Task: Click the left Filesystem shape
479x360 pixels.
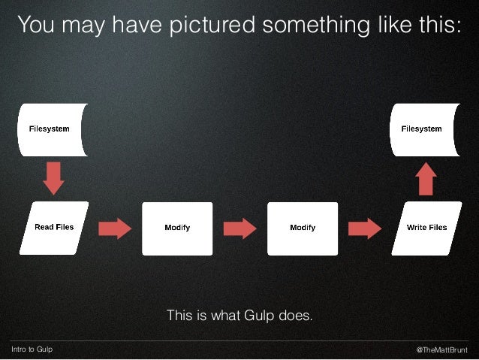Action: click(x=53, y=129)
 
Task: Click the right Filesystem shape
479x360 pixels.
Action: click(x=425, y=129)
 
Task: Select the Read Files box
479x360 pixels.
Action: click(x=53, y=228)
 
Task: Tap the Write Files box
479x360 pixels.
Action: click(x=426, y=228)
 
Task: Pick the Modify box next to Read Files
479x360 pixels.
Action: click(x=177, y=228)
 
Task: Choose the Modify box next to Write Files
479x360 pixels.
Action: click(x=302, y=228)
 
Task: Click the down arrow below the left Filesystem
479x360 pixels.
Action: click(x=53, y=178)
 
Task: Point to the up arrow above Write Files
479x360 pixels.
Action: click(x=426, y=178)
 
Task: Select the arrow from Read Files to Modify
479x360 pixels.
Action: click(x=116, y=228)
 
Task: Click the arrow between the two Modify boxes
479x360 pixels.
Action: click(x=239, y=228)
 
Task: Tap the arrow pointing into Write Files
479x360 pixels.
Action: click(x=364, y=228)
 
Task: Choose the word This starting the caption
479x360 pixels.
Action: click(x=179, y=315)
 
